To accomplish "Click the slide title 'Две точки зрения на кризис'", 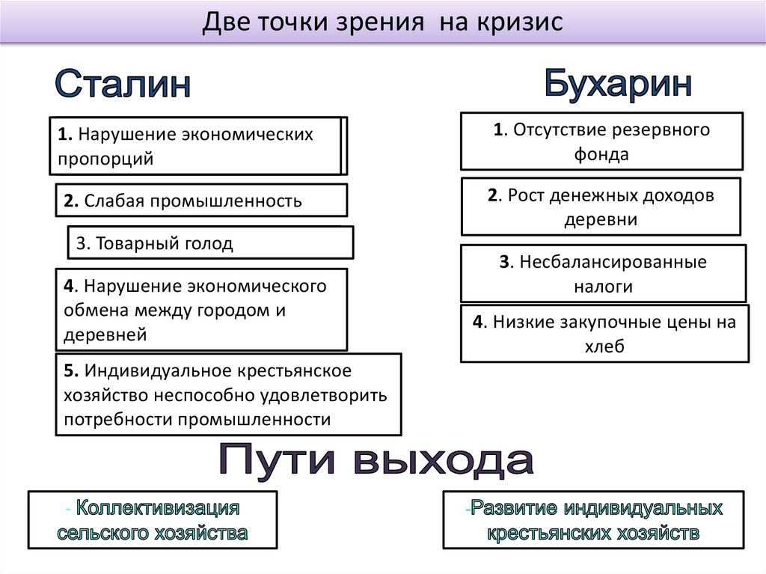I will point(382,22).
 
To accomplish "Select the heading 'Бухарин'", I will point(617,82).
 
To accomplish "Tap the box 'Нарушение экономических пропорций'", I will point(196,146).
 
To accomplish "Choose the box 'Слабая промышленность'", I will point(201,201).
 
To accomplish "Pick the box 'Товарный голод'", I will point(210,243).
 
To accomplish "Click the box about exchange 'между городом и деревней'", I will point(201,310).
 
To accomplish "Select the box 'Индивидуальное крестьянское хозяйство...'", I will point(227,394).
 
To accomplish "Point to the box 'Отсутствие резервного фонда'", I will point(601,141).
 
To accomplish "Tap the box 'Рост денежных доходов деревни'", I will point(601,207).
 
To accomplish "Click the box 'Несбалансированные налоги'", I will point(603,274).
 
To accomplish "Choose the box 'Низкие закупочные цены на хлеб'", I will point(604,334).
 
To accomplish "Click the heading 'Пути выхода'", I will point(376,462).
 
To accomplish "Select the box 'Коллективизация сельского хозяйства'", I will point(153,520).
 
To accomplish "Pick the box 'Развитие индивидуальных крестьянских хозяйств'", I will point(593,520).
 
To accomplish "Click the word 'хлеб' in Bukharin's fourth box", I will point(604,346).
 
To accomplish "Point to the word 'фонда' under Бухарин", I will point(601,155).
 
